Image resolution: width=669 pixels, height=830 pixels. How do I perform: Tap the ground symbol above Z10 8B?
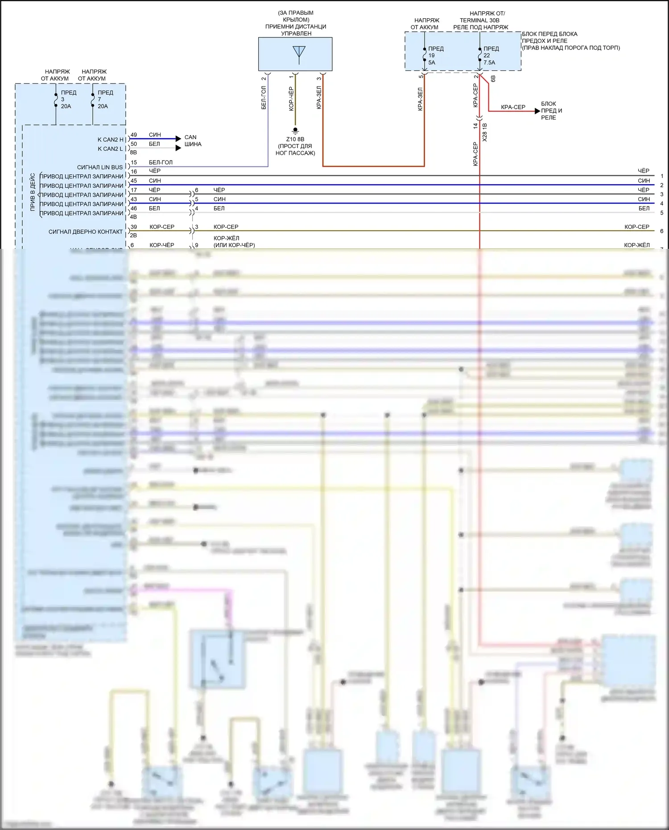pos(295,131)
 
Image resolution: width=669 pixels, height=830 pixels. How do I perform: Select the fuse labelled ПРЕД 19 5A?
pos(425,56)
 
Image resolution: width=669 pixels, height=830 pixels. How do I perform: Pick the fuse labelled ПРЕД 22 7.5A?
pos(480,55)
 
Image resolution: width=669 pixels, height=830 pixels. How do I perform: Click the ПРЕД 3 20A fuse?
pos(56,99)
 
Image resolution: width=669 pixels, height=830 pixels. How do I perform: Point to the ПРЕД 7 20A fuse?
pos(93,99)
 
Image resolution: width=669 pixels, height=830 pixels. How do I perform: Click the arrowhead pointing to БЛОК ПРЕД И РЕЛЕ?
pos(537,111)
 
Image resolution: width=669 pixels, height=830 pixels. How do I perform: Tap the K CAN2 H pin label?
pos(110,140)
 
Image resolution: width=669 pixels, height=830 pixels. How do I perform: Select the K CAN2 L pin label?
pos(110,149)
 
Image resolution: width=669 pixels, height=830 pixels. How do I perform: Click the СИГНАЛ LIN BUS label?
pos(100,167)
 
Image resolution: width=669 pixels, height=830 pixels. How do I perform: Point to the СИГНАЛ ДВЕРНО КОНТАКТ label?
pos(86,232)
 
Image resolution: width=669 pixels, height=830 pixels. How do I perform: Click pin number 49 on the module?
pos(134,135)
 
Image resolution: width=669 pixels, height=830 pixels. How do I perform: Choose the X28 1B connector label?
pos(485,132)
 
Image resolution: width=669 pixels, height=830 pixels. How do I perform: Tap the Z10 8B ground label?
pos(295,139)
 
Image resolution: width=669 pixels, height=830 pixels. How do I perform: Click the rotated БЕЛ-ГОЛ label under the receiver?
pos(264,98)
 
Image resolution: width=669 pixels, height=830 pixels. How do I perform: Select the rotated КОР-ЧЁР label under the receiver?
pos(291,99)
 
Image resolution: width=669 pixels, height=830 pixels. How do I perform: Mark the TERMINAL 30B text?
pos(479,20)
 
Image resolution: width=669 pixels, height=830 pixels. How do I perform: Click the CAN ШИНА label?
pos(193,140)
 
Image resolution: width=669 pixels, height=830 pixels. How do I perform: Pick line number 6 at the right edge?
pos(661,231)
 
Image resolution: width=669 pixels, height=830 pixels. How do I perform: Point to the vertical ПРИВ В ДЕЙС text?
pos(33,192)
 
